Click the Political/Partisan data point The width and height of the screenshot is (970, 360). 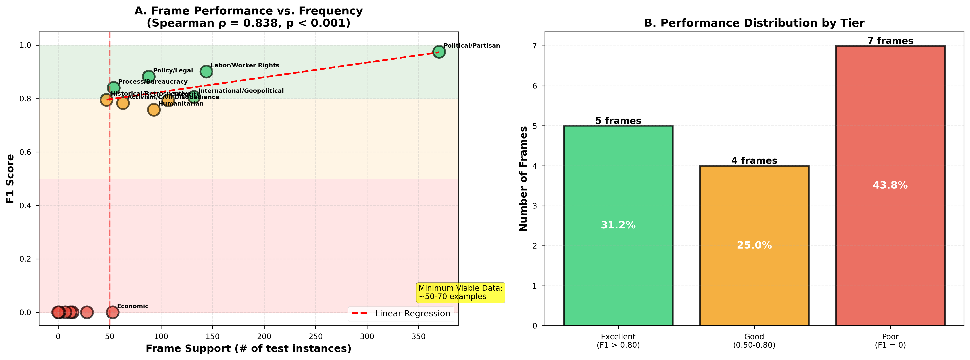[439, 52]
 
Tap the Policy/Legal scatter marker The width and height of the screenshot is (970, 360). [148, 76]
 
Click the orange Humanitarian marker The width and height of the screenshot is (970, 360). [154, 110]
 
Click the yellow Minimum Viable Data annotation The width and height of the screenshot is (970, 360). [460, 293]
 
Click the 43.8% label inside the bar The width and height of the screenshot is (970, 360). [890, 185]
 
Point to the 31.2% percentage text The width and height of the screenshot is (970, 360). [618, 225]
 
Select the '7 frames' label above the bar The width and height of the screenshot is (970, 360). [890, 41]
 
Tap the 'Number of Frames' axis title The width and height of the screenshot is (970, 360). [523, 179]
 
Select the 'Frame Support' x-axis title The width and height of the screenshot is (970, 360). [248, 349]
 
